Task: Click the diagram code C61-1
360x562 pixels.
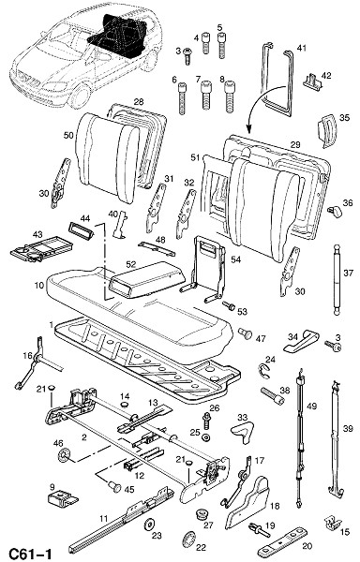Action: tap(30, 553)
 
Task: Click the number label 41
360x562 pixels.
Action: tap(302, 48)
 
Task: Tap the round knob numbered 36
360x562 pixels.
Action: tap(336, 211)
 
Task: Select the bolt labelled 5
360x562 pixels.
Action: tap(221, 46)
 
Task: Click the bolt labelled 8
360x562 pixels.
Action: tap(230, 96)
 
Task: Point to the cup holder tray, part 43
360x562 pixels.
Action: tap(41, 249)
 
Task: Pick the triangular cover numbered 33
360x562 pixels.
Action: tap(243, 431)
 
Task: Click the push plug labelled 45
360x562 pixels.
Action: tap(115, 486)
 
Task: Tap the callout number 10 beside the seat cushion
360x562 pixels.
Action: tap(39, 286)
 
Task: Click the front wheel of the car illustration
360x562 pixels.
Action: tap(79, 96)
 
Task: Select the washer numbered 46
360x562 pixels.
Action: tap(64, 456)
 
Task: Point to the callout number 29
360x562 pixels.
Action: tap(295, 145)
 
